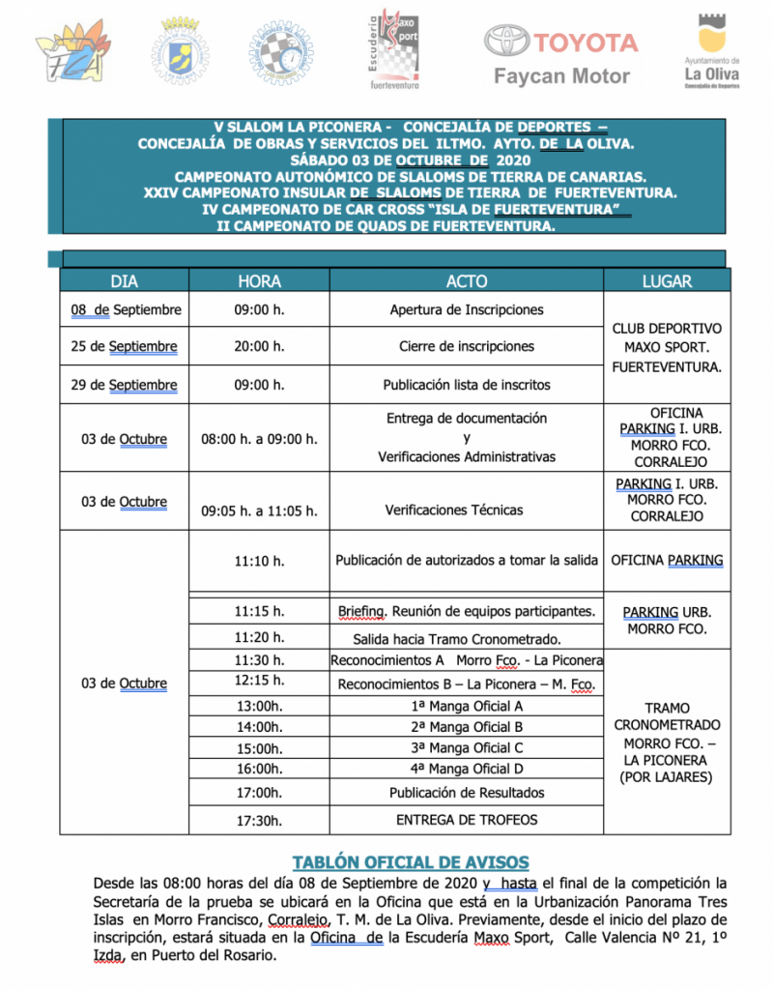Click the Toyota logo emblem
pos(506,41)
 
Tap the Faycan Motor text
pos(561,76)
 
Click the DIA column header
pos(125,281)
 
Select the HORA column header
pos(259,281)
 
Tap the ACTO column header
pos(467,281)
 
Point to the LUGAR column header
pos(667,281)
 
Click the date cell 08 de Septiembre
pos(125,310)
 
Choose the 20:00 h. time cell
pos(259,346)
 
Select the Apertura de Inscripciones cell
pos(467,310)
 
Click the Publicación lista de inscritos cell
pos(467,385)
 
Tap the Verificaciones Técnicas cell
pos(467,510)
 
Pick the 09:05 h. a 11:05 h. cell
pos(259,510)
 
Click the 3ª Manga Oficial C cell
pos(467,747)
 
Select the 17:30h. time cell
pos(259,820)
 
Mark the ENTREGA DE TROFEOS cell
pos(467,820)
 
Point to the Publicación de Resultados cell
pos(467,793)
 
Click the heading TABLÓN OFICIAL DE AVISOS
pos(411,862)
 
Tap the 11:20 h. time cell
pos(259,638)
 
